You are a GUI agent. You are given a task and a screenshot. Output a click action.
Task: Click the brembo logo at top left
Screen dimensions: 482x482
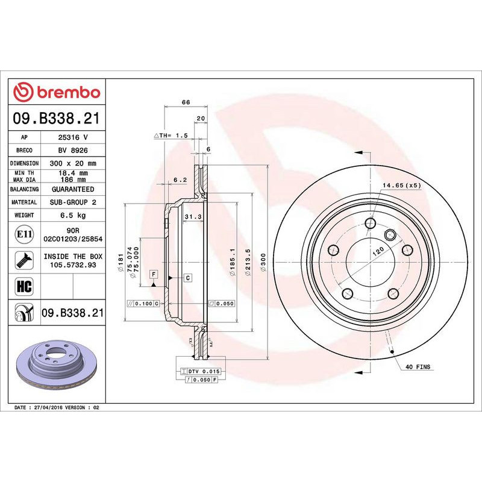point(57,92)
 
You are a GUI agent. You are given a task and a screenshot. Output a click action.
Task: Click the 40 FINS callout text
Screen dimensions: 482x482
point(419,366)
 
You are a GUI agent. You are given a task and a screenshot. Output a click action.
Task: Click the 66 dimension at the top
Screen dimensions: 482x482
point(186,102)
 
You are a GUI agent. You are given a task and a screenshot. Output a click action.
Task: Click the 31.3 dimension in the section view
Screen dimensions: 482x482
point(192,216)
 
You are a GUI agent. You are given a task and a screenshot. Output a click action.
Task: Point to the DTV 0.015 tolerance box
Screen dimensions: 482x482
point(199,372)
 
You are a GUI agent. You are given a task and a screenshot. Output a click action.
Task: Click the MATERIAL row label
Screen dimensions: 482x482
point(25,202)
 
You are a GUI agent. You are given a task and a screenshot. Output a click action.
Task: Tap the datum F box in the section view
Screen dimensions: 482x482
point(154,274)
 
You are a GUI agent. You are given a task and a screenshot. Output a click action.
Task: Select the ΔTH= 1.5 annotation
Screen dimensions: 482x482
point(172,137)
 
